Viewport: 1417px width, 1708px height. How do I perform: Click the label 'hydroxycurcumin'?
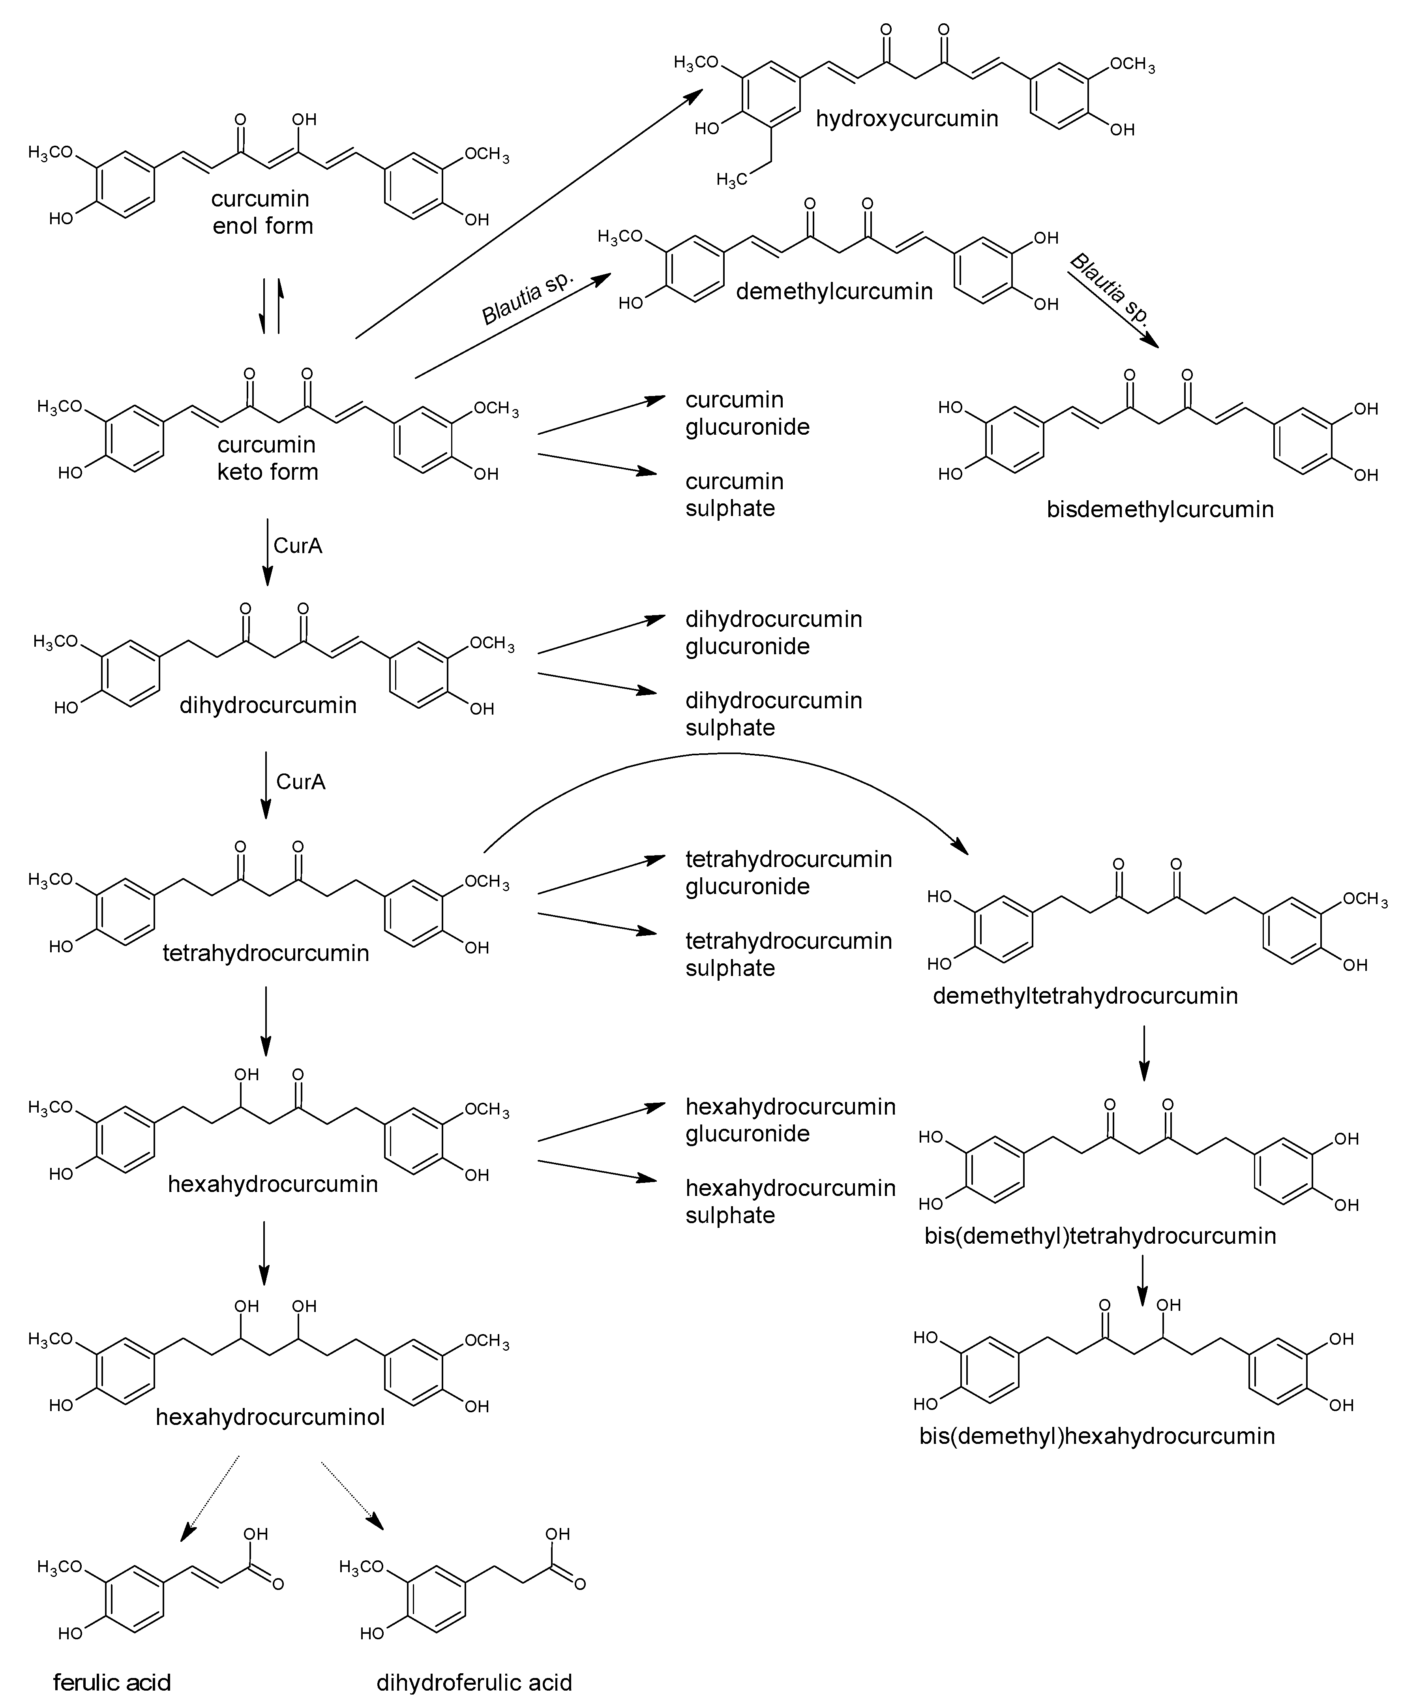[907, 119]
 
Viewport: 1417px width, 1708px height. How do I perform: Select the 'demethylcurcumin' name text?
[834, 291]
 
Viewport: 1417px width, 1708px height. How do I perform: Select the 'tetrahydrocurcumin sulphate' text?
[788, 954]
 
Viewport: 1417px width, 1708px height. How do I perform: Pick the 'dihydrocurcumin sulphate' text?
[773, 713]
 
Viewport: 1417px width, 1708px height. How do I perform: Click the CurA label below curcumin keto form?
[298, 546]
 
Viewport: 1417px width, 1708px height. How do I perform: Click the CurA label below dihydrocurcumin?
[301, 782]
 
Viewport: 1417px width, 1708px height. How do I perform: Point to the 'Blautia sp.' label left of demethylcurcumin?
[528, 298]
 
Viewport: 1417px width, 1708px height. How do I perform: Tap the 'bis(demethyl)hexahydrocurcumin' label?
[1096, 1436]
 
